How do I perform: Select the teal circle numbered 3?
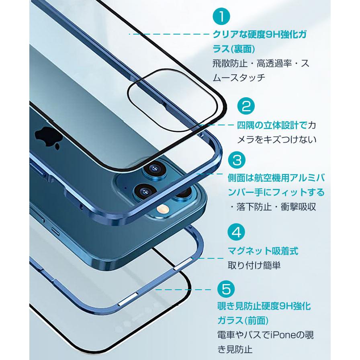[237, 160]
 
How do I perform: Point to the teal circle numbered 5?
[227, 288]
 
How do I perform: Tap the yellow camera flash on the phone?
[163, 209]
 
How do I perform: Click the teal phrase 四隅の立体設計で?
[272, 125]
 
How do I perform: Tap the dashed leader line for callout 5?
[183, 289]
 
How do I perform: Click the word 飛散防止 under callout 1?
[227, 63]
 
